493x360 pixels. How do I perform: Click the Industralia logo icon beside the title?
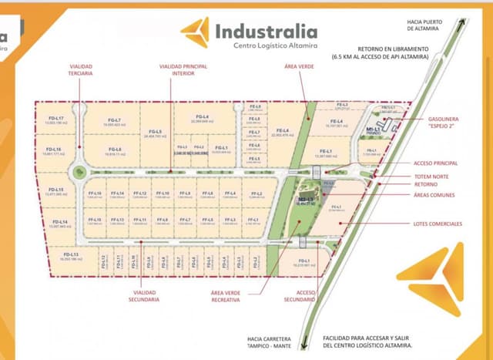click(x=194, y=32)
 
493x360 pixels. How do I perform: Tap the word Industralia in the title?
click(x=266, y=32)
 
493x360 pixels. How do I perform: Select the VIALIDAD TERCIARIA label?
click(x=80, y=70)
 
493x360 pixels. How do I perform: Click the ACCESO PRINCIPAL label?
click(x=435, y=163)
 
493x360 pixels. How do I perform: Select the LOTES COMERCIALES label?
click(x=437, y=224)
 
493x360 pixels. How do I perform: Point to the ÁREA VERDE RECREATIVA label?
click(x=226, y=296)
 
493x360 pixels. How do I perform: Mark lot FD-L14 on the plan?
click(x=59, y=224)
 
